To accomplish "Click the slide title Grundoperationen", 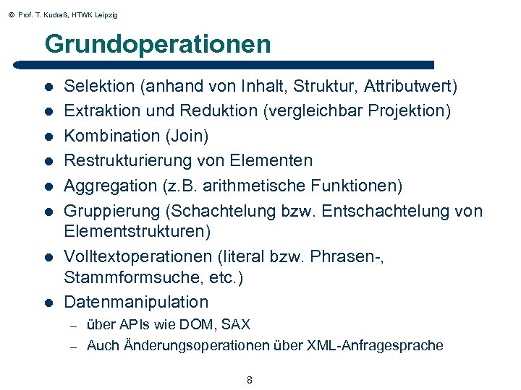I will pyautogui.click(x=157, y=45).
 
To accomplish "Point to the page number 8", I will pyautogui.click(x=250, y=380).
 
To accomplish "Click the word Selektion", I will pyautogui.click(x=100, y=87).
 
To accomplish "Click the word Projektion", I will pyautogui.click(x=412, y=111).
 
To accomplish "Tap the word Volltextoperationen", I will pyautogui.click(x=136, y=256).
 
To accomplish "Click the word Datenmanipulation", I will pyautogui.click(x=136, y=302).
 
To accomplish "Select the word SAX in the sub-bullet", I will pyautogui.click(x=236, y=325).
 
